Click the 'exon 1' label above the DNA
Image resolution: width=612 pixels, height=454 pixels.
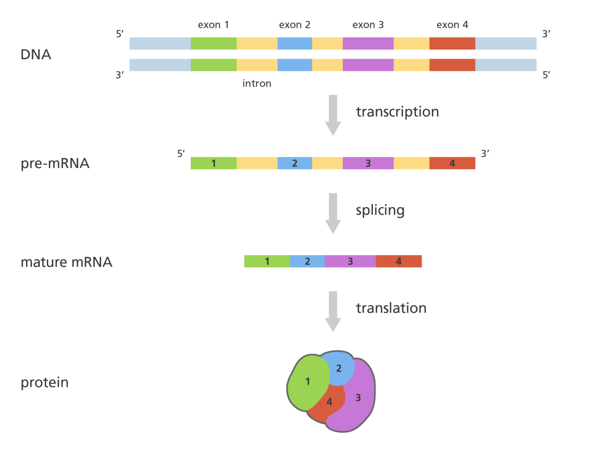pyautogui.click(x=213, y=25)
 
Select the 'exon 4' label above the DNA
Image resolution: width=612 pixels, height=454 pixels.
pyautogui.click(x=452, y=25)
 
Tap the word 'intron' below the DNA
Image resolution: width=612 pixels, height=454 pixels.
pyautogui.click(x=257, y=84)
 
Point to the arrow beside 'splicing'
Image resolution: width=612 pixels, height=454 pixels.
pyautogui.click(x=333, y=213)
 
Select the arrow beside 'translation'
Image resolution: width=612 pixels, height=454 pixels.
pyautogui.click(x=333, y=311)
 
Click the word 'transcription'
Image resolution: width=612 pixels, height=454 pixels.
pyautogui.click(x=397, y=112)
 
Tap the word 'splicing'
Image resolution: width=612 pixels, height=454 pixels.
pyautogui.click(x=380, y=211)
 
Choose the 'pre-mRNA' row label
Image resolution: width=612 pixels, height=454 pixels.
pyautogui.click(x=55, y=164)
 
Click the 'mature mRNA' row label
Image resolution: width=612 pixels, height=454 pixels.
pyautogui.click(x=67, y=262)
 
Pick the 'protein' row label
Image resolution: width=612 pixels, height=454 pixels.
pyautogui.click(x=45, y=383)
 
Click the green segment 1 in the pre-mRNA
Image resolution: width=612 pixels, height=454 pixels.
pyautogui.click(x=213, y=163)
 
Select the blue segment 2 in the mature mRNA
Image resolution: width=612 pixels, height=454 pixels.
pyautogui.click(x=307, y=262)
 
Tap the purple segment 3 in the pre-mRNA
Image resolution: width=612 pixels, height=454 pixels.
pyautogui.click(x=368, y=163)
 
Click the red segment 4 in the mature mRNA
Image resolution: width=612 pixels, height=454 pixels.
pyautogui.click(x=399, y=262)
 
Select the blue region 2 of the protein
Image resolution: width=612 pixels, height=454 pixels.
pyautogui.click(x=339, y=368)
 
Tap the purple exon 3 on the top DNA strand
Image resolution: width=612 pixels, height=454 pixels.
pyautogui.click(x=368, y=44)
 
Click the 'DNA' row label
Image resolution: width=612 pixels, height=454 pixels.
pyautogui.click(x=36, y=55)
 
